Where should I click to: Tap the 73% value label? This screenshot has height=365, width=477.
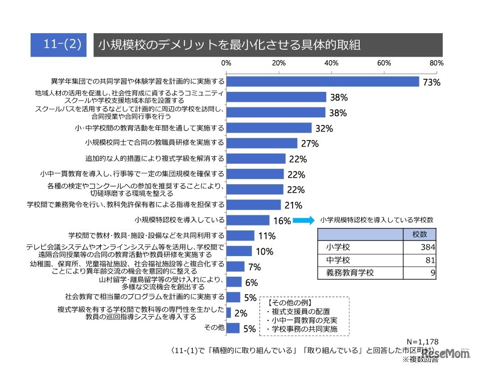click(x=431, y=82)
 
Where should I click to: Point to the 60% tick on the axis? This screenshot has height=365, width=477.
click(x=384, y=63)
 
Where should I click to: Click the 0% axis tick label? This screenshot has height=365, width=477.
click(x=226, y=63)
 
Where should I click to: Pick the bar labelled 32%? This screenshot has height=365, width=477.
click(x=269, y=128)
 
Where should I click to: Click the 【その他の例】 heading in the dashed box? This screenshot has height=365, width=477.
click(x=290, y=303)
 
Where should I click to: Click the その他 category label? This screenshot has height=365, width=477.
click(x=214, y=328)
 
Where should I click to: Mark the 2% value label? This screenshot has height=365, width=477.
click(x=242, y=313)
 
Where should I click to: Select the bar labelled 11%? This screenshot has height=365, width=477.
click(x=240, y=235)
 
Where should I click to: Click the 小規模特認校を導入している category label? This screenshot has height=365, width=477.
click(x=179, y=220)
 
